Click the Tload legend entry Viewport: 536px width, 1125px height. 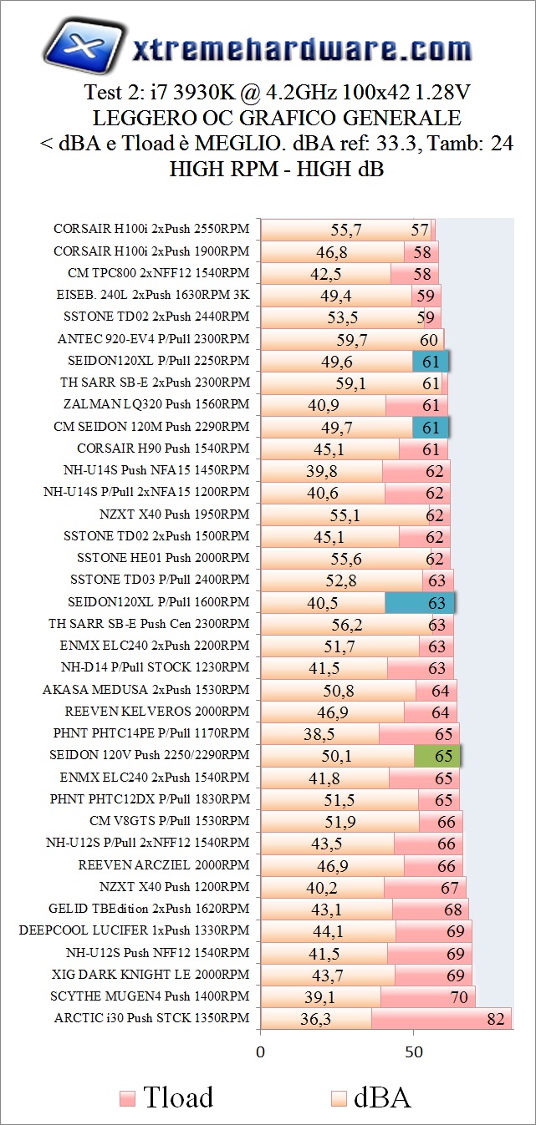pyautogui.click(x=166, y=1097)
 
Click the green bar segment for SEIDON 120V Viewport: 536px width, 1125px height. pyautogui.click(x=437, y=756)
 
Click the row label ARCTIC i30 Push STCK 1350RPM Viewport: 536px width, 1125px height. pyautogui.click(x=151, y=1018)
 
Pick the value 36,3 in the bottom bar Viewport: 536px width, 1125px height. pyautogui.click(x=315, y=1019)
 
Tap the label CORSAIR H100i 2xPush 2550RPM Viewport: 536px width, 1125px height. pyautogui.click(x=151, y=229)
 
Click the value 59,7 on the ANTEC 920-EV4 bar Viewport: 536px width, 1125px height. pyautogui.click(x=351, y=339)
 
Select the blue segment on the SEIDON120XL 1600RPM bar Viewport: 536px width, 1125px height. pyautogui.click(x=420, y=602)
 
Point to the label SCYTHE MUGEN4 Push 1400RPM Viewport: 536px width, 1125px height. pyautogui.click(x=150, y=996)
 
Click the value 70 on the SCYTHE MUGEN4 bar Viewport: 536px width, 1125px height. pyautogui.click(x=459, y=997)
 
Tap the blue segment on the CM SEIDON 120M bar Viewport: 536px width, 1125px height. pyautogui.click(x=431, y=427)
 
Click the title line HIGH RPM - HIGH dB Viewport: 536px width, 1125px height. pyautogui.click(x=277, y=168)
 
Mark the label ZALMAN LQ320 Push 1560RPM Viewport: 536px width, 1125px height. pyautogui.click(x=156, y=404)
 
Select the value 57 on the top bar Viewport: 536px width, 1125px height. pyautogui.click(x=420, y=230)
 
